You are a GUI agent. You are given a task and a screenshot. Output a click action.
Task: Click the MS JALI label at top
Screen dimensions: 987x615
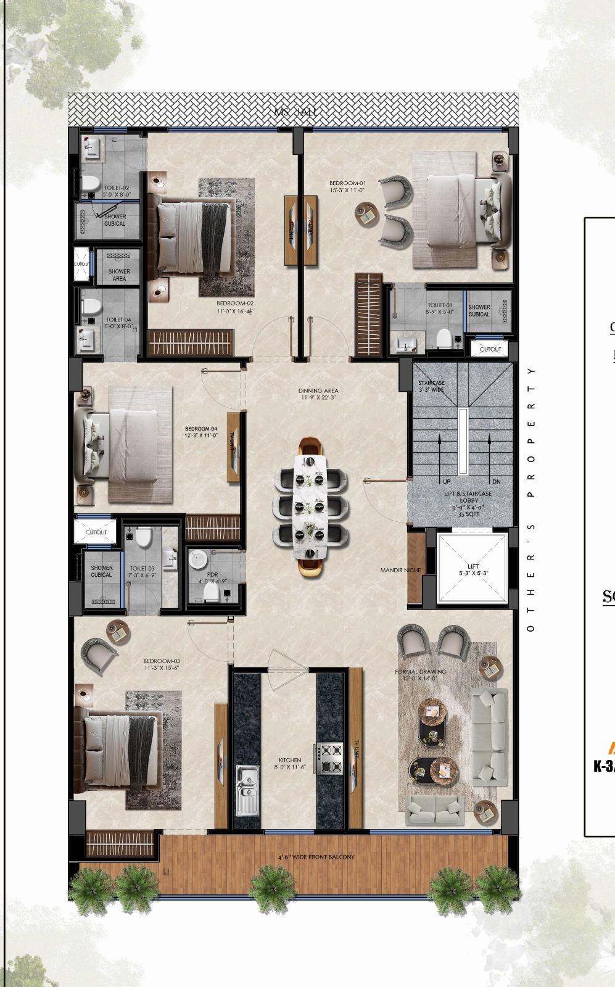(297, 112)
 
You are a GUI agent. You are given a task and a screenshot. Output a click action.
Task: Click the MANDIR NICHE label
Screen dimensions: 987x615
(400, 570)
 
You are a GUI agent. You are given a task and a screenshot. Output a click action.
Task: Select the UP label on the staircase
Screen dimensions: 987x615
(447, 481)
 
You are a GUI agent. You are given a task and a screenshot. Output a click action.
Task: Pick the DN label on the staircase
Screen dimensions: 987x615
(497, 481)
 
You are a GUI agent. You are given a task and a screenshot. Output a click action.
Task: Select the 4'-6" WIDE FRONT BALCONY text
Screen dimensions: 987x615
(316, 857)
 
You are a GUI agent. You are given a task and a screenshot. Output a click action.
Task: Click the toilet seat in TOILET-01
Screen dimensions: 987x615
(444, 337)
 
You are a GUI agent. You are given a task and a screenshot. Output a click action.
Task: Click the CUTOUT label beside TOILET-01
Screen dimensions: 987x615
(490, 349)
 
